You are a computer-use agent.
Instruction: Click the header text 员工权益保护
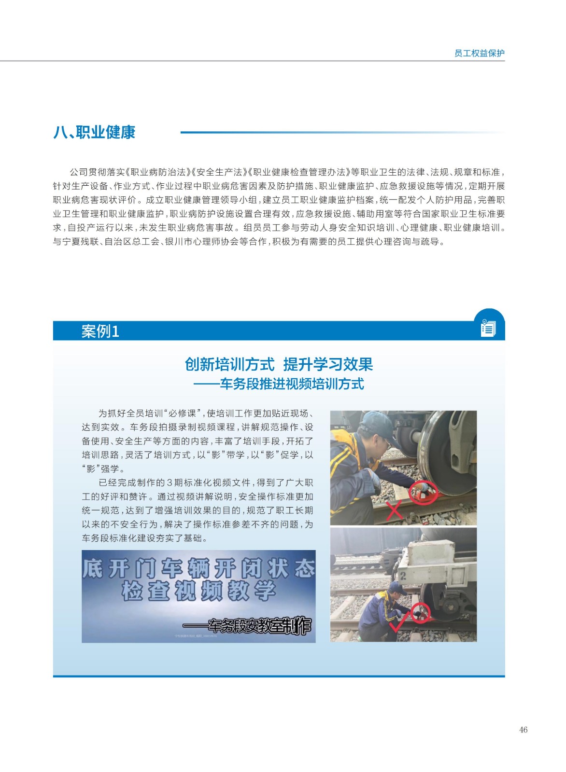click(479, 53)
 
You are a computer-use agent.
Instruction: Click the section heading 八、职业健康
click(95, 132)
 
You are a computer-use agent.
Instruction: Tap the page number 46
click(523, 730)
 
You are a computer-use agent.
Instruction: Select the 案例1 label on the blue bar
click(100, 331)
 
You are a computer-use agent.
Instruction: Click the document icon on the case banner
click(488, 328)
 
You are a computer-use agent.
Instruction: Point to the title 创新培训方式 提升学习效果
click(279, 364)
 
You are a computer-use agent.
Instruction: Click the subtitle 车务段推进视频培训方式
click(292, 384)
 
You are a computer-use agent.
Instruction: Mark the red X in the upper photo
click(395, 510)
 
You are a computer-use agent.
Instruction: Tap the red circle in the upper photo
click(423, 493)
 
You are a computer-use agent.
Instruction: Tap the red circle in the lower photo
click(421, 613)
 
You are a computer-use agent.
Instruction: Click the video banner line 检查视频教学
click(198, 591)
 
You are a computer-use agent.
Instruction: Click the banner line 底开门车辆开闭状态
click(198, 568)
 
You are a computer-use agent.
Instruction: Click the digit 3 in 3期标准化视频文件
click(170, 482)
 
